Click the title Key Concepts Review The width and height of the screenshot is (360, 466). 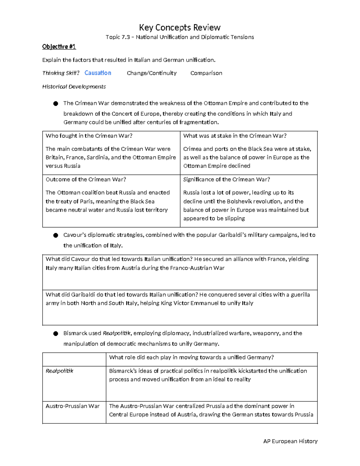point(180,28)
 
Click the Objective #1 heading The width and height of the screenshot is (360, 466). point(59,47)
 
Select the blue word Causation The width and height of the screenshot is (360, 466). point(98,73)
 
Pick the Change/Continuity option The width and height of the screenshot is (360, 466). point(151,73)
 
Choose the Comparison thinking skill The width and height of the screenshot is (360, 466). point(206,73)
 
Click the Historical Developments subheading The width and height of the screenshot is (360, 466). point(74,87)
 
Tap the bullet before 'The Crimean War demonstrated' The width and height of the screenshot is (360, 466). point(55,104)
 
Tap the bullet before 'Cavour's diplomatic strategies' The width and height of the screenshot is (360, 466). point(55,235)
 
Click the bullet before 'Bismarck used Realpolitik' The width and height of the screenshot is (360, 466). point(55,334)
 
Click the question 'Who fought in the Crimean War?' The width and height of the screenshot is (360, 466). point(89,136)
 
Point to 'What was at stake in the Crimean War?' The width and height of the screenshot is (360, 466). point(235,136)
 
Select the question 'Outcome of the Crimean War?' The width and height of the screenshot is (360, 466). point(86,179)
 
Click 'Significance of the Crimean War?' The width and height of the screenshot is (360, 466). point(226,179)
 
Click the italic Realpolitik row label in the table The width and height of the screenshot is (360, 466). point(59,371)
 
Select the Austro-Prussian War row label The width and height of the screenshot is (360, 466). point(72,406)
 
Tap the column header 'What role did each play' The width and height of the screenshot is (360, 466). point(191,357)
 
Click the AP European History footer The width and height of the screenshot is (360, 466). point(290,441)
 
